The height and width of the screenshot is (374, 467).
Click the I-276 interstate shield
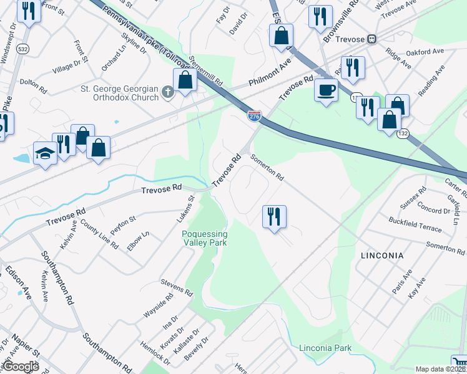click(x=254, y=117)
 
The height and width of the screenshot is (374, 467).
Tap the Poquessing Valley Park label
click(x=204, y=238)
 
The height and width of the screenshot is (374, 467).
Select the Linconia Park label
click(x=325, y=348)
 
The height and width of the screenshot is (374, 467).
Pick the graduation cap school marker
click(x=45, y=153)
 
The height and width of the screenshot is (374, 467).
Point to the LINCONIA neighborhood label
click(x=382, y=256)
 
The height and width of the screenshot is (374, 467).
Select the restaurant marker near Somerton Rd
click(x=274, y=217)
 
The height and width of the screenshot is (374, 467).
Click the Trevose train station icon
click(x=372, y=39)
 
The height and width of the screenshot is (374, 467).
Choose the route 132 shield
click(x=405, y=133)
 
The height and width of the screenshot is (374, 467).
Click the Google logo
click(x=20, y=367)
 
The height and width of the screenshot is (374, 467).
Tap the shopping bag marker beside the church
click(x=185, y=80)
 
